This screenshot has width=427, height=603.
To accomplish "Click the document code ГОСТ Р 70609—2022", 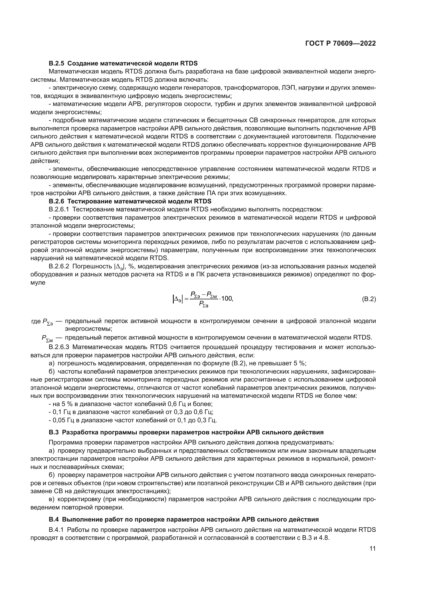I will (341, 44).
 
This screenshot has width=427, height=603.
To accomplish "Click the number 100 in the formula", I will (227, 299).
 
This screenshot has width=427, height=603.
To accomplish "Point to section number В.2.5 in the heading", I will (57, 63).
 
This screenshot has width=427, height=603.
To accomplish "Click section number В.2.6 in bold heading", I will (57, 201).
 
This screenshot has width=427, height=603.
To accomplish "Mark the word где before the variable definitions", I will (36, 321).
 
